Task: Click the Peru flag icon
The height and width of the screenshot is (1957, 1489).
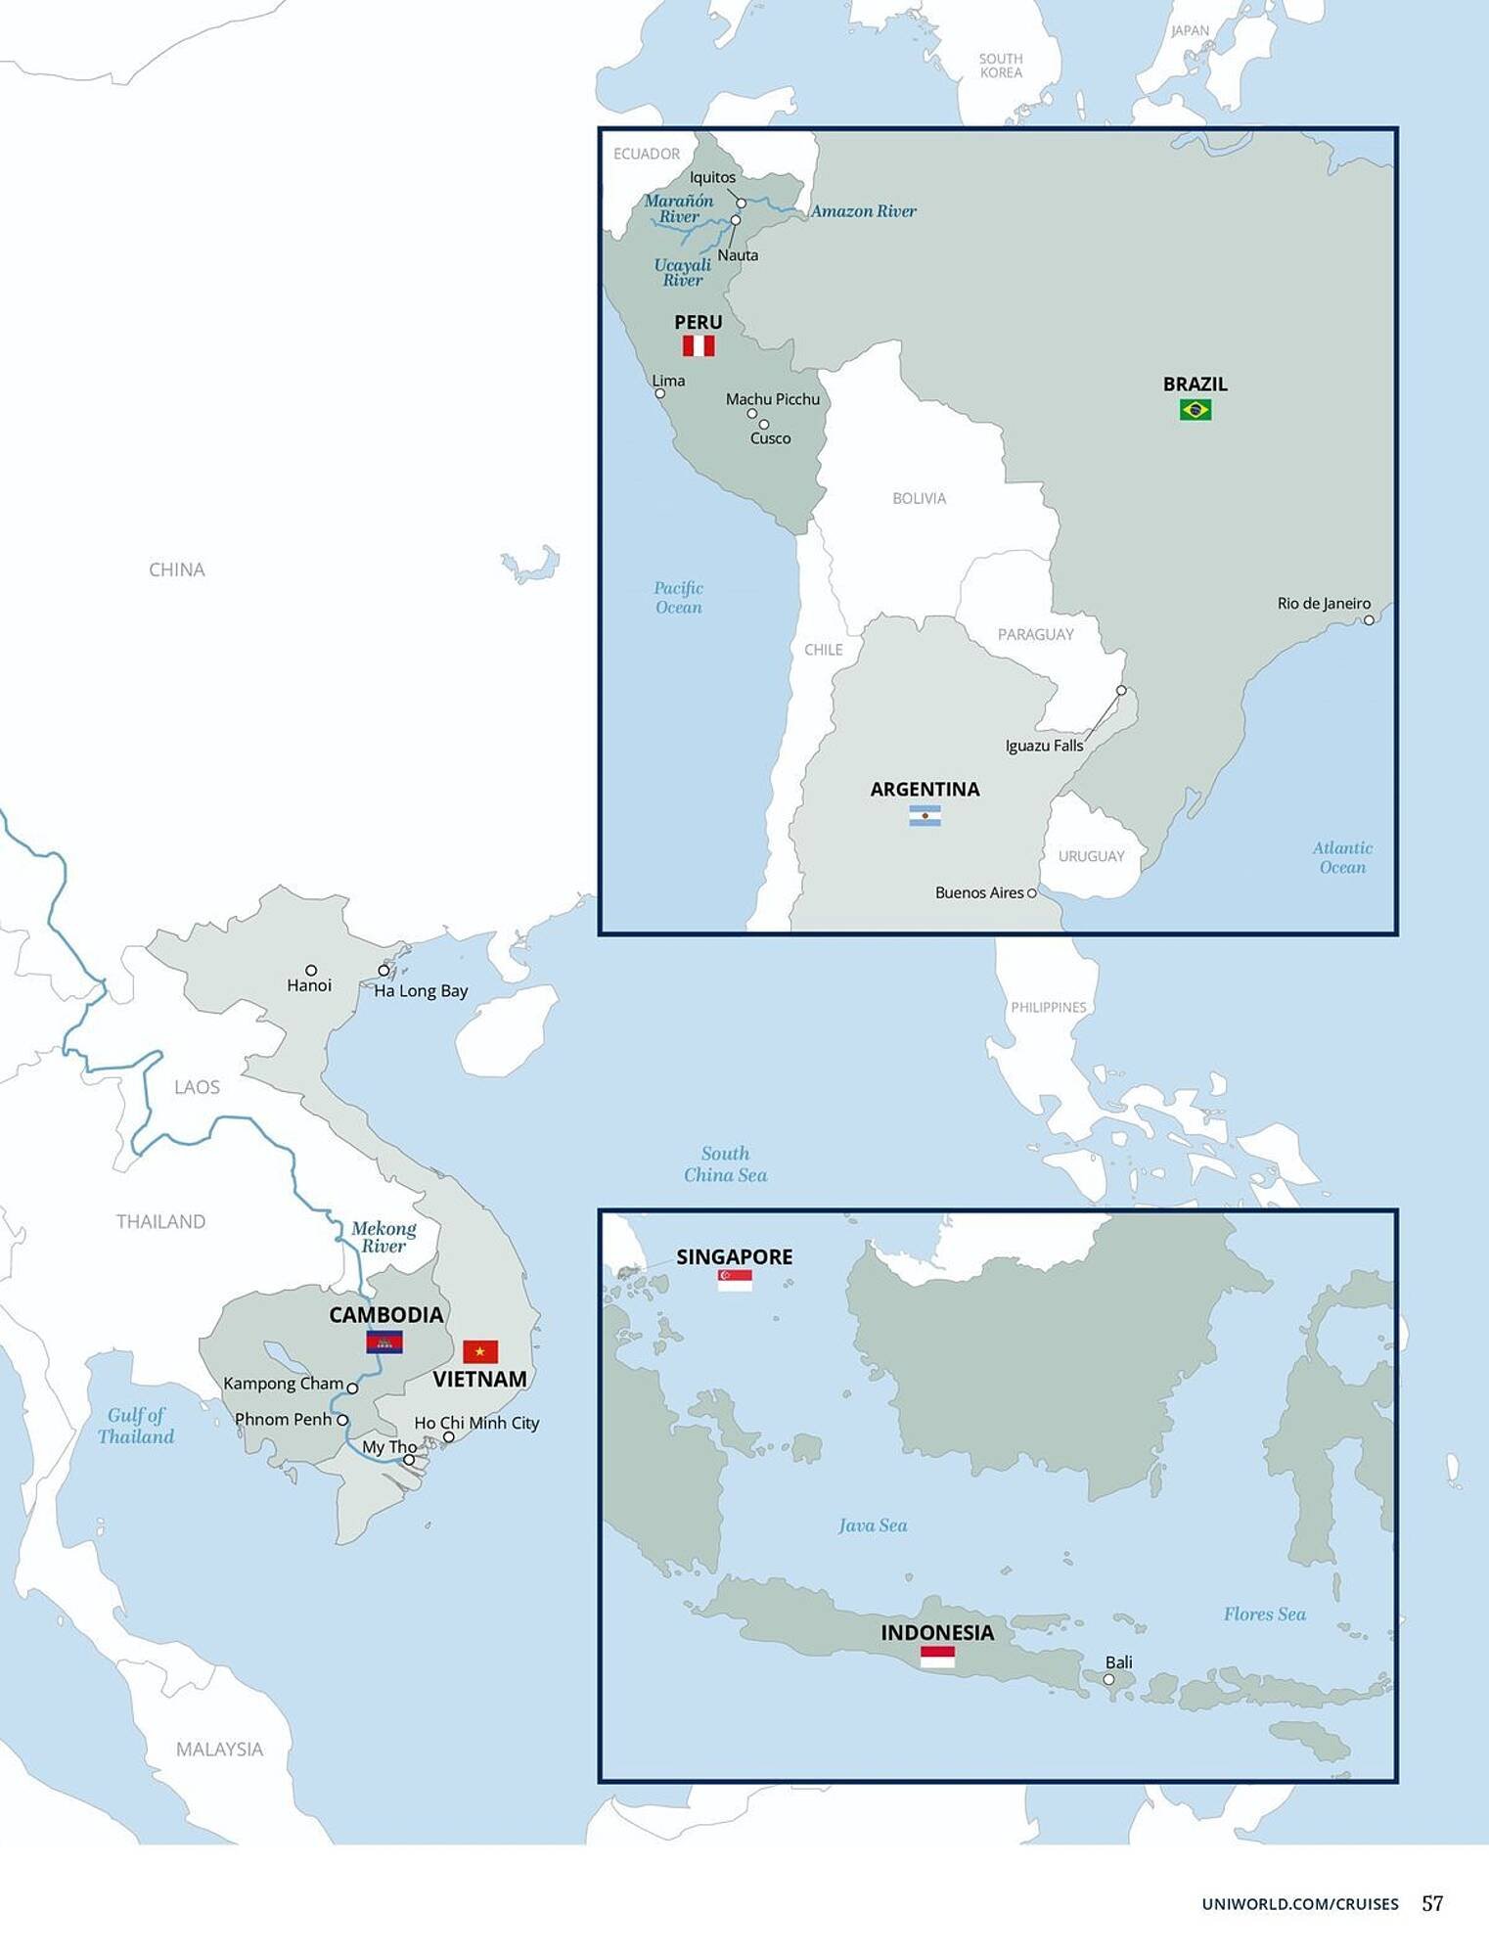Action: (699, 345)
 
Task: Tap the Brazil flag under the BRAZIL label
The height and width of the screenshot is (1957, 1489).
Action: (1195, 409)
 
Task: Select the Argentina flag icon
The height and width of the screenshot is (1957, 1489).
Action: (925, 816)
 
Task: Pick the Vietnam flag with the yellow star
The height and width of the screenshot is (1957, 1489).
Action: (480, 1351)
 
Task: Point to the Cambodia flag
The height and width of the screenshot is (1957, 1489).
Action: (384, 1342)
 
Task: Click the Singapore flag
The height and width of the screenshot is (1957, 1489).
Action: (735, 1280)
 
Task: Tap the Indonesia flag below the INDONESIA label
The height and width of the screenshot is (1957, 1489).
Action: (937, 1657)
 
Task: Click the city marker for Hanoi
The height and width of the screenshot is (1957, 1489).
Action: (311, 970)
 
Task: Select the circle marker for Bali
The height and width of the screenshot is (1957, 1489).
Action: (1108, 1679)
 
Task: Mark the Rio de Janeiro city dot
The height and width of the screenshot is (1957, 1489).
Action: (1369, 619)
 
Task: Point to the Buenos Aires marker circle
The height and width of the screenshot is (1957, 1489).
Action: (1031, 892)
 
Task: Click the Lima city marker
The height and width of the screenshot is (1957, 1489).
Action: (660, 393)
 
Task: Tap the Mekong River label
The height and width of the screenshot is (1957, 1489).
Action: (384, 1237)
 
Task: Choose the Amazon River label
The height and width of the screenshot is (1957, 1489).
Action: (863, 210)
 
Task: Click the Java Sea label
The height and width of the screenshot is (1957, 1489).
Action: (873, 1525)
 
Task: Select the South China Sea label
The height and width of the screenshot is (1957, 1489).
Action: (725, 1163)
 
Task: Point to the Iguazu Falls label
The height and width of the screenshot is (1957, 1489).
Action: (1044, 746)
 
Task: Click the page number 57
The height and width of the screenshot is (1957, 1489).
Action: (1432, 1902)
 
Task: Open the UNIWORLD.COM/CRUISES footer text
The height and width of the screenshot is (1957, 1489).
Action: (1299, 1903)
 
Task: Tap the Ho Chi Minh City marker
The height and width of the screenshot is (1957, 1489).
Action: (448, 1437)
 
